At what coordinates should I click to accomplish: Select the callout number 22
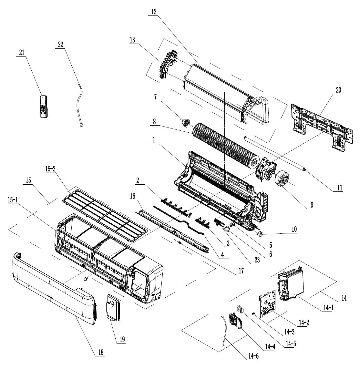60,45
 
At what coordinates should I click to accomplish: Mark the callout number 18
100,353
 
